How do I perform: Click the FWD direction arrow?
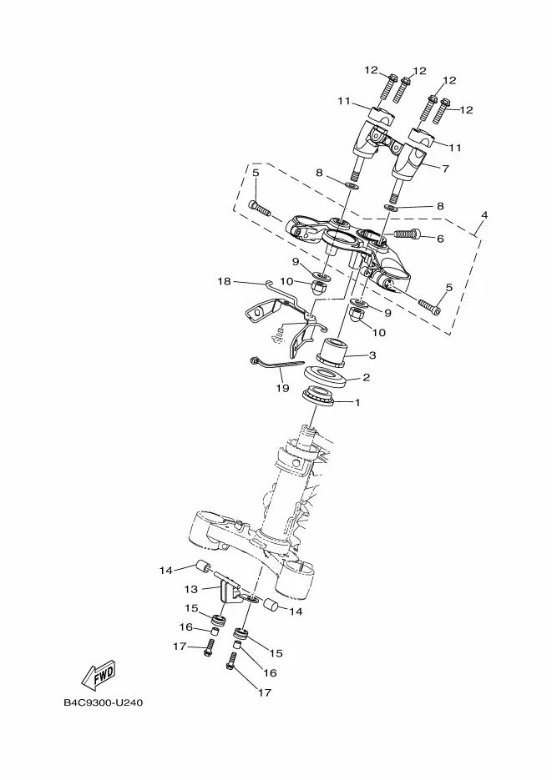(98, 674)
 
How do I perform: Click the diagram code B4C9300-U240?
(103, 703)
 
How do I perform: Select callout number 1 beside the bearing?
(357, 402)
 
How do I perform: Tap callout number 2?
(366, 378)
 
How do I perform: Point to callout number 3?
(372, 355)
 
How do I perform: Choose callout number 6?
(440, 239)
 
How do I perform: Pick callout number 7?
(445, 169)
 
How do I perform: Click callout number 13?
(191, 589)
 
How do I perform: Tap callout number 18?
(225, 282)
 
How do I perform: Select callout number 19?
(282, 388)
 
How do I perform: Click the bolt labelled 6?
(408, 234)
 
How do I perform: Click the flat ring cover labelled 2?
(324, 376)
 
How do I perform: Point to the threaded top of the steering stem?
(309, 433)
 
